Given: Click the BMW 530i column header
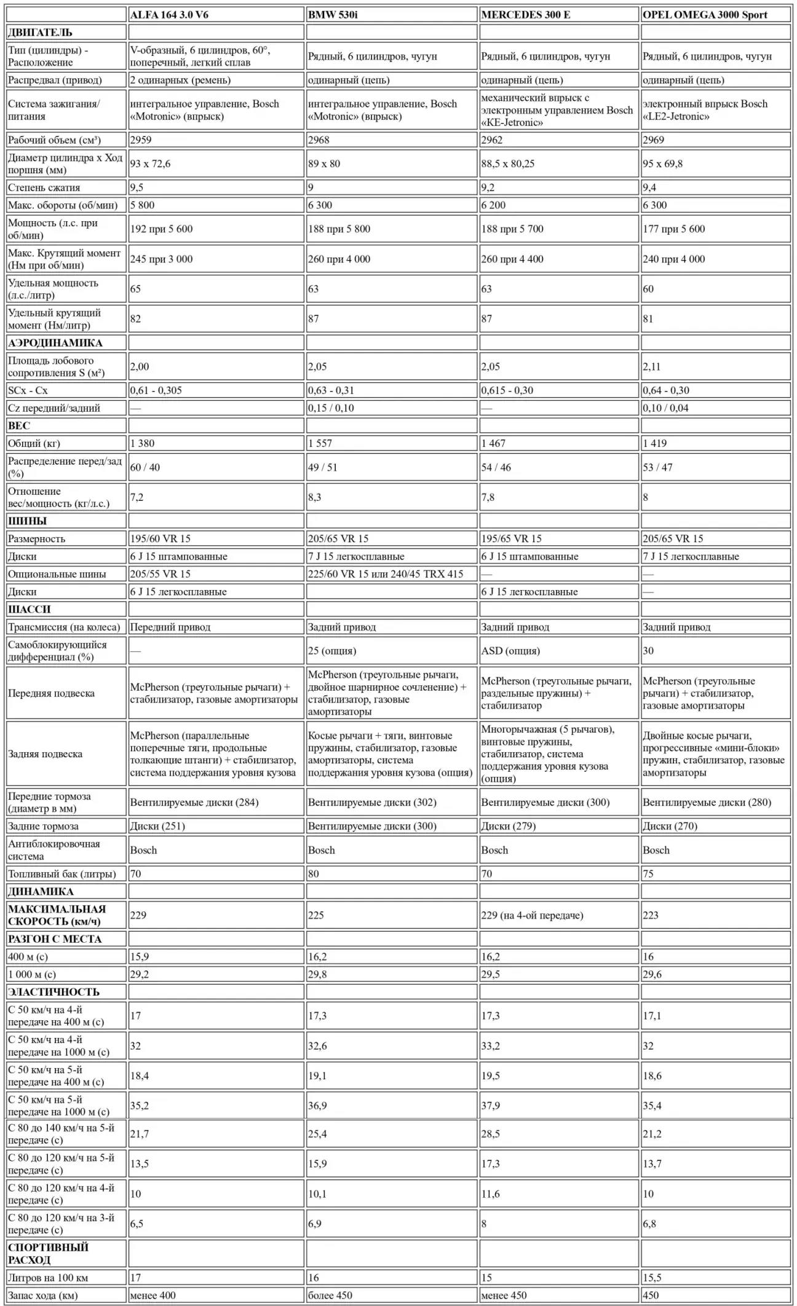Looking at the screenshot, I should click(333, 15).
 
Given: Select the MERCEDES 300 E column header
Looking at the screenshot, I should click(525, 15).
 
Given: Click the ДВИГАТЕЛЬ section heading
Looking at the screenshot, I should click(40, 33).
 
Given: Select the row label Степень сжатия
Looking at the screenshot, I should click(44, 187).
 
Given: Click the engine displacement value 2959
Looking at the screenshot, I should click(141, 140).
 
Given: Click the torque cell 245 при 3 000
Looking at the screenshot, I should click(161, 259).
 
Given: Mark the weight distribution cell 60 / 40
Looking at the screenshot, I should click(145, 468).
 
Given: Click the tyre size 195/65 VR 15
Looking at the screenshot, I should click(511, 539).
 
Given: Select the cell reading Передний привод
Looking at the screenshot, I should click(170, 627).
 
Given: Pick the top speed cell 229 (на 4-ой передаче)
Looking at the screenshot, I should click(532, 916).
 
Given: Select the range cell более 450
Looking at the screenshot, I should click(330, 1296).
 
